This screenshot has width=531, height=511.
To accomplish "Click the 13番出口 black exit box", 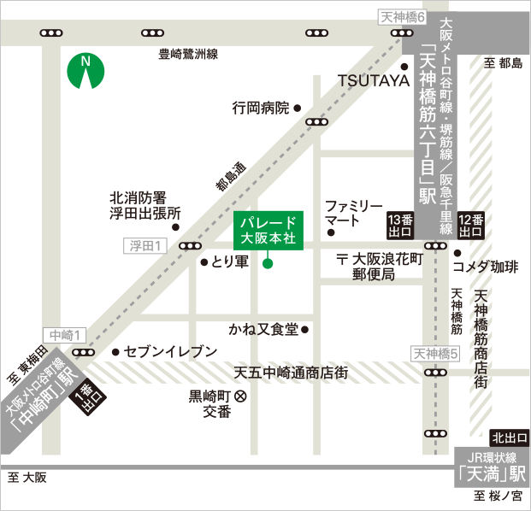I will (400, 224).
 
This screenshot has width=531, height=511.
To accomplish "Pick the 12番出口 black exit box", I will (470, 224).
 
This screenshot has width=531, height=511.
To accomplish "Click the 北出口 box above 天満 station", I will (509, 438).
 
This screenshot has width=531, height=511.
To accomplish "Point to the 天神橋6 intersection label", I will (400, 15).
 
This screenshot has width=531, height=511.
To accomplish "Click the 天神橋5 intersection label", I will (436, 353).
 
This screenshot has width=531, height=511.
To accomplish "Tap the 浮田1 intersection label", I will (146, 245).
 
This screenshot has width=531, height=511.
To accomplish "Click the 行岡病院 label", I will (261, 109).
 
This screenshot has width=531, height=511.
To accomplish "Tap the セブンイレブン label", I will (172, 352).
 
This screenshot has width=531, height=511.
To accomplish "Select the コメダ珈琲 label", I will (492, 267).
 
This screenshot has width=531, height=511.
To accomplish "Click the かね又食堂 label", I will (263, 329).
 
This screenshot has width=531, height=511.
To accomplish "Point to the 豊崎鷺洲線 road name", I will (188, 54).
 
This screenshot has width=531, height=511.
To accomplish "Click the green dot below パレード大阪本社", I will (268, 263).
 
